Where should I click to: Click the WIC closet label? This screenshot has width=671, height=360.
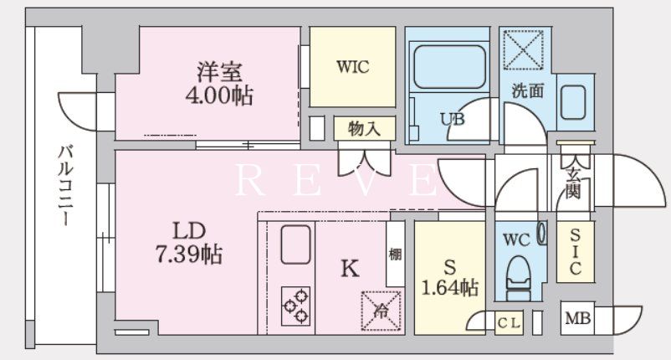(x=352, y=67)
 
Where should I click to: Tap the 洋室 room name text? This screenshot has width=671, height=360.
(x=219, y=72)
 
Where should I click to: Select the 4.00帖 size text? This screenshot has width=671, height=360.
(x=219, y=95)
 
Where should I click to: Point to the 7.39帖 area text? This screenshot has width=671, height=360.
(x=189, y=255)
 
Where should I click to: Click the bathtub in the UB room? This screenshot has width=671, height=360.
(x=449, y=67)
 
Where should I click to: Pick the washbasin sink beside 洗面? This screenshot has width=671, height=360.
(x=573, y=102)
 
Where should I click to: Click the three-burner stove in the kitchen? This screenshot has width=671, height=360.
(x=295, y=306)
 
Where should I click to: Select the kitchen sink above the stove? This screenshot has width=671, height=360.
(x=295, y=244)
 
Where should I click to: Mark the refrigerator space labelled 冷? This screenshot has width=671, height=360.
(x=381, y=311)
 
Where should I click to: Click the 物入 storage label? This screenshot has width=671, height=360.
(x=364, y=128)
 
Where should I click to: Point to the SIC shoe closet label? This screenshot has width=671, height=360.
(x=575, y=251)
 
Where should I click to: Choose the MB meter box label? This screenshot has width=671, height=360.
(x=577, y=318)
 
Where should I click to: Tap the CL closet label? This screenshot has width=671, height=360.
(x=509, y=323)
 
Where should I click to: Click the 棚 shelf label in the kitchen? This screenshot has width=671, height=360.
(x=395, y=255)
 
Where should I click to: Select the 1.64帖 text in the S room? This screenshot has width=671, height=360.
(x=449, y=287)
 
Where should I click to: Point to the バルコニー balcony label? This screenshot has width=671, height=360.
(x=65, y=186)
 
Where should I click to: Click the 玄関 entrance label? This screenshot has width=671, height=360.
(x=573, y=183)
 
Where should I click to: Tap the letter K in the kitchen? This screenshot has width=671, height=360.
(x=350, y=269)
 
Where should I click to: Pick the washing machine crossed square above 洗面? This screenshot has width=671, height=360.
(x=524, y=49)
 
